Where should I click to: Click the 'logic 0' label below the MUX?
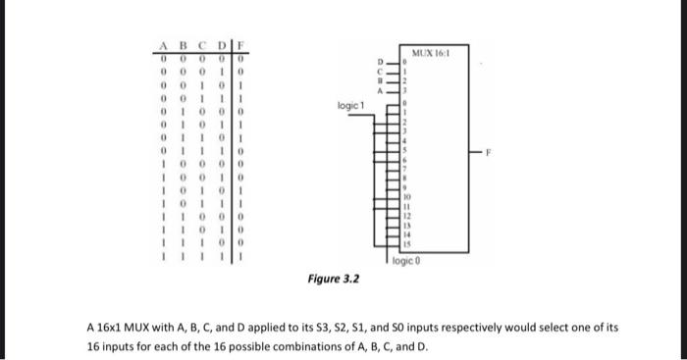404,263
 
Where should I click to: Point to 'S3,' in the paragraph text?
335,328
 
